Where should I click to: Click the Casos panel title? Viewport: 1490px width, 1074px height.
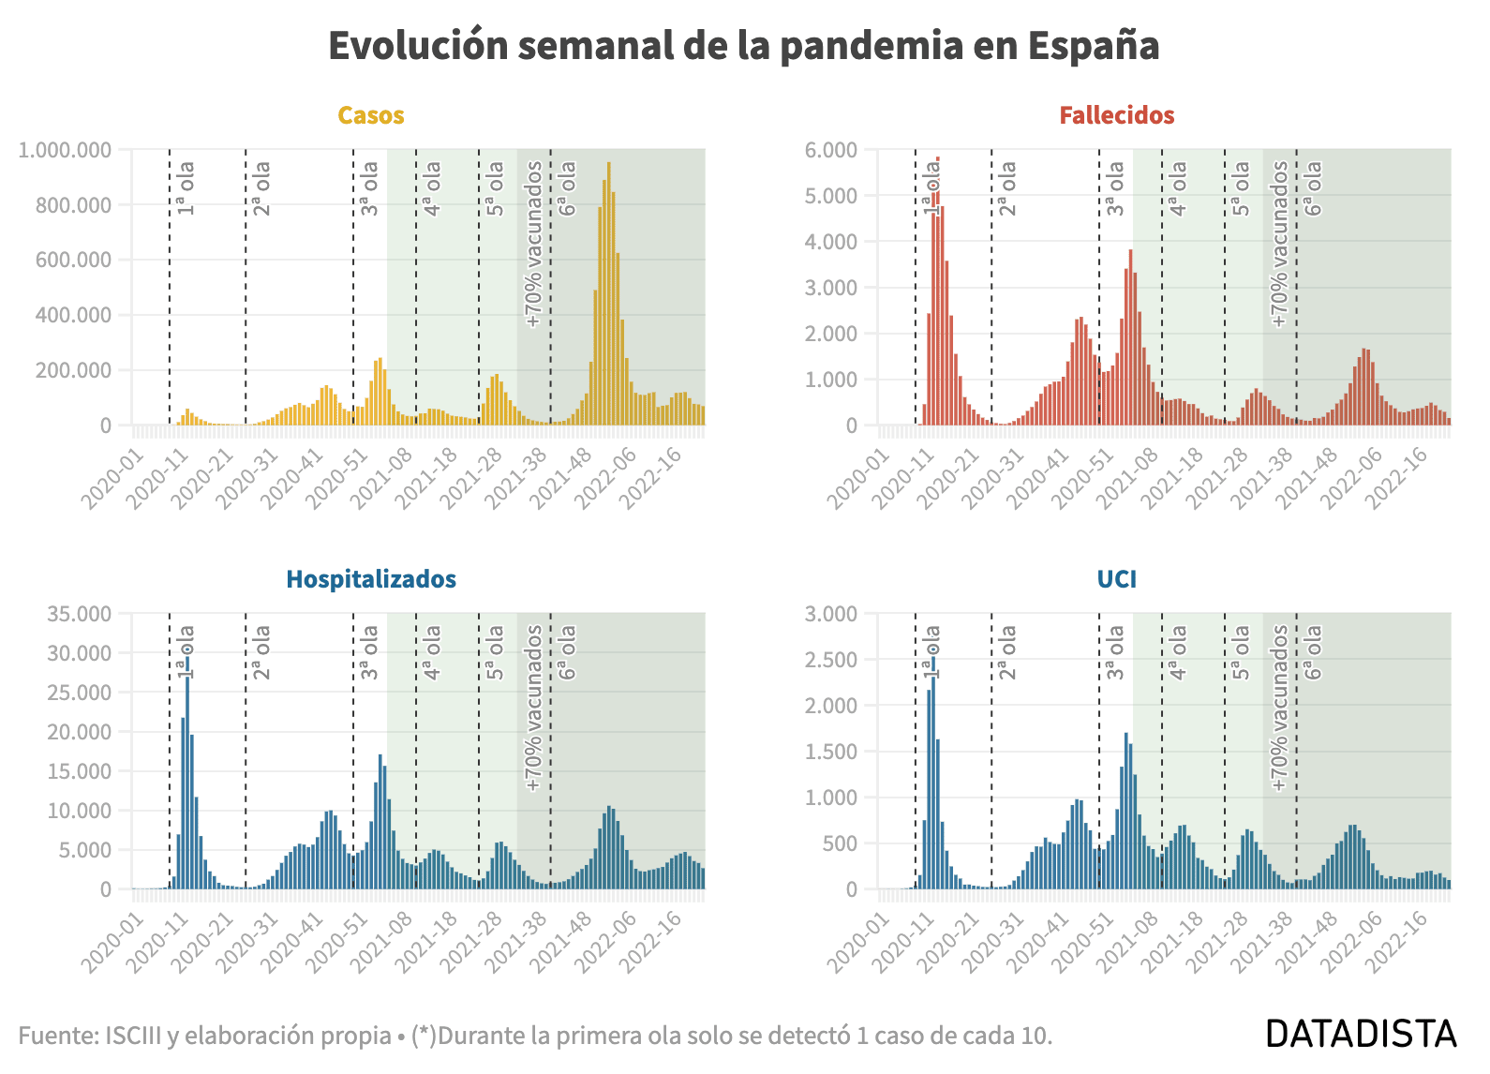click(x=370, y=115)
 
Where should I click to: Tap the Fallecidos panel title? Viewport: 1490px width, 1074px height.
click(x=1117, y=115)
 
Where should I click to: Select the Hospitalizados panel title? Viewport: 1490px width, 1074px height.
click(x=370, y=579)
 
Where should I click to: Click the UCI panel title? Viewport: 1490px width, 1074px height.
click(x=1117, y=579)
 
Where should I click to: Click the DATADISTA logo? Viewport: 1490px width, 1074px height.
click(x=1361, y=1034)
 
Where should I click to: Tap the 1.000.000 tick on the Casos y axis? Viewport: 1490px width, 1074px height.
click(x=65, y=150)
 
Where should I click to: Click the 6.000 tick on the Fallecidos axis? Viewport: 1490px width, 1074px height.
click(x=831, y=150)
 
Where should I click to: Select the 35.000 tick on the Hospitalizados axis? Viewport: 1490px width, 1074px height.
click(x=79, y=614)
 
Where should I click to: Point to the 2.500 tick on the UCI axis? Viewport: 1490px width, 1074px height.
click(x=831, y=660)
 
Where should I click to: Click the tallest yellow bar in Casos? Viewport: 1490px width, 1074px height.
click(x=608, y=293)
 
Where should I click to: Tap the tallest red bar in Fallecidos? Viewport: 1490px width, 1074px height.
click(x=937, y=291)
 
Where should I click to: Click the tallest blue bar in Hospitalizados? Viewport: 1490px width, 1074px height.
click(x=187, y=772)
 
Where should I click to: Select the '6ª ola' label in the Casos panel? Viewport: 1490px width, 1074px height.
click(x=567, y=188)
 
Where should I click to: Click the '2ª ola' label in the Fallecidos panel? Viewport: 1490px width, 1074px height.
click(x=1007, y=188)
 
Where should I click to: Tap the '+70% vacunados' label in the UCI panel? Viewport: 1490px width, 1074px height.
click(x=1279, y=708)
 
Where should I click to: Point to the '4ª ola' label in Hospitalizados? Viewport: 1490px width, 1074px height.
click(x=432, y=652)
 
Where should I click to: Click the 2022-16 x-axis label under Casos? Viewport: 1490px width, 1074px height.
click(x=652, y=477)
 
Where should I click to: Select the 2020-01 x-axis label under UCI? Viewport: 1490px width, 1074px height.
click(x=858, y=941)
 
